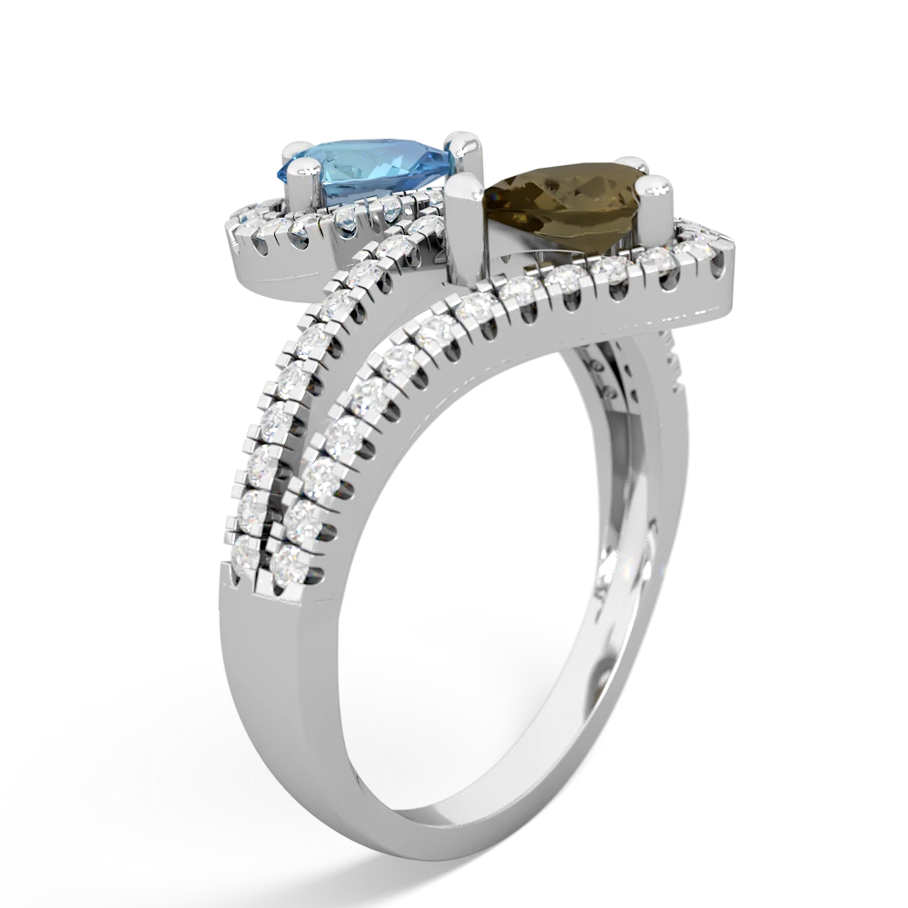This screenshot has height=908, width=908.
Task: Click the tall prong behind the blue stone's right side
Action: (465, 148)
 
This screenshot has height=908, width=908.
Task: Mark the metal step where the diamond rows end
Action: (263, 581)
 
